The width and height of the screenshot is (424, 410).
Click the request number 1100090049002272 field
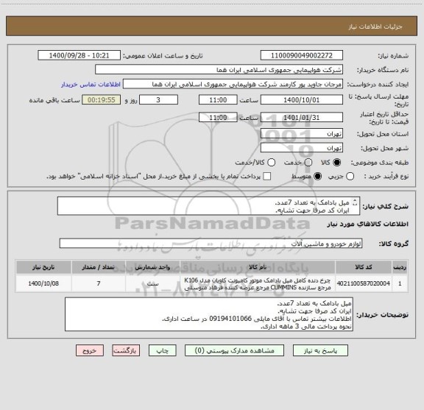point(302,55)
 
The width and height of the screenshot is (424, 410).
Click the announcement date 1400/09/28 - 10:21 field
point(78,55)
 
